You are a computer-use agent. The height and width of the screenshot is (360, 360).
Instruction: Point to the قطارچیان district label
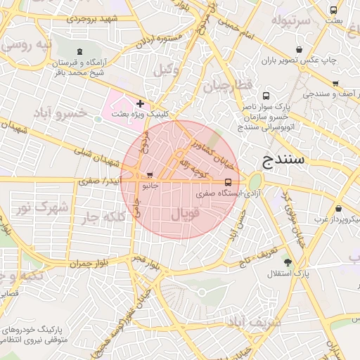pyautogui.click(x=227, y=87)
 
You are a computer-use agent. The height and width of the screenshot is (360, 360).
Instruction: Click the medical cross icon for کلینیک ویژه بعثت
pyautogui.click(x=140, y=103)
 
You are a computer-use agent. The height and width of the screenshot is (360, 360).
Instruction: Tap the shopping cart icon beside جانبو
pyautogui.click(x=149, y=175)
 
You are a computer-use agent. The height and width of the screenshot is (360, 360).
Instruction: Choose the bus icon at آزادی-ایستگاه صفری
pyautogui.click(x=227, y=181)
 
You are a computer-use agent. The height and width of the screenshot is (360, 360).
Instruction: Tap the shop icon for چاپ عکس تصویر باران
pyautogui.click(x=300, y=49)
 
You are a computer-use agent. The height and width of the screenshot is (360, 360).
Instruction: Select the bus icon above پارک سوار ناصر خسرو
pyautogui.click(x=266, y=96)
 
